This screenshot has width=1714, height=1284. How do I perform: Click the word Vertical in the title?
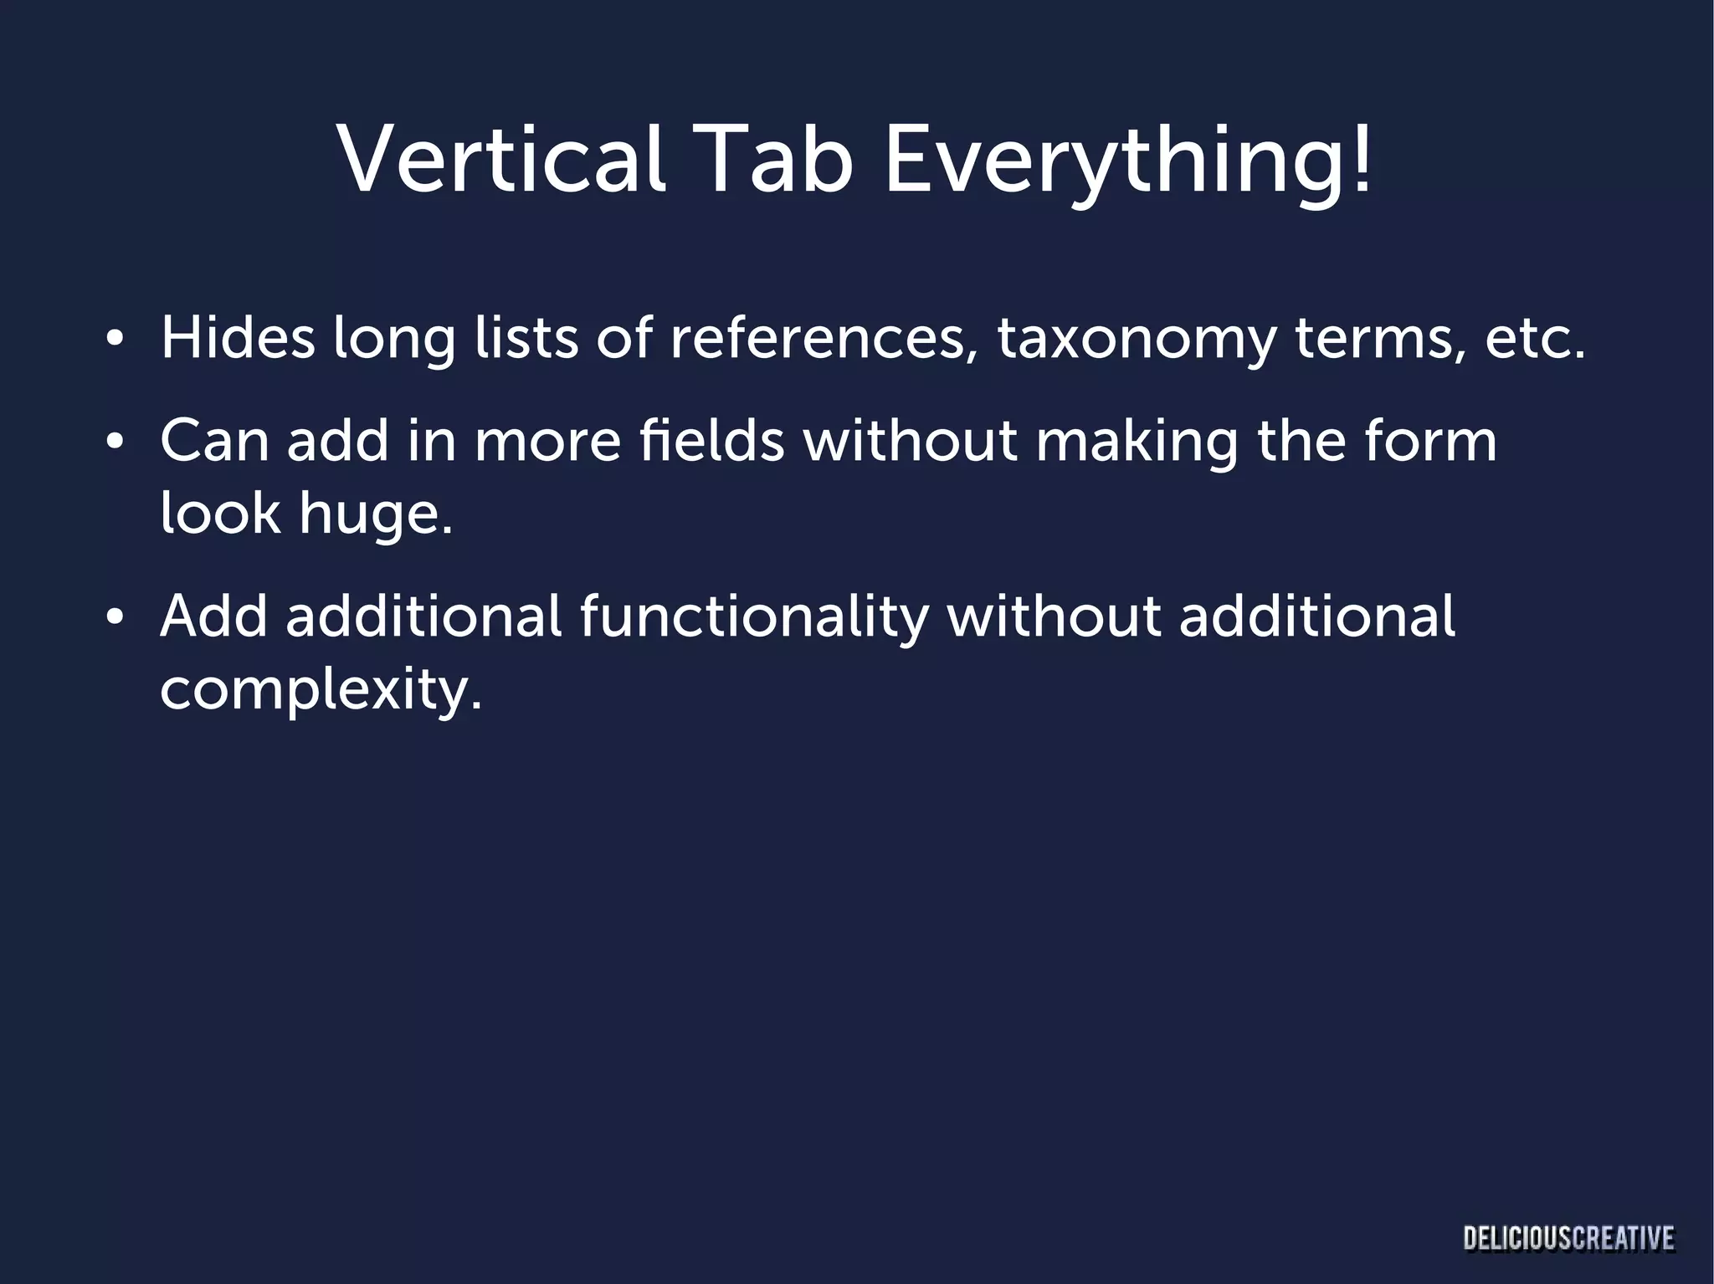point(501,159)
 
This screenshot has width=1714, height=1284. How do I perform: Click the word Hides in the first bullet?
point(238,338)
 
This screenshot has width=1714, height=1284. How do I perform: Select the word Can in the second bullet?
point(214,441)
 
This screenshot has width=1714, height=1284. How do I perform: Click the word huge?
point(376,514)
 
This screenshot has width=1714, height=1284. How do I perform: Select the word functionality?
point(754,620)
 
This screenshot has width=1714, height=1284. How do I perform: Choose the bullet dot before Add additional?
point(115,618)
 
